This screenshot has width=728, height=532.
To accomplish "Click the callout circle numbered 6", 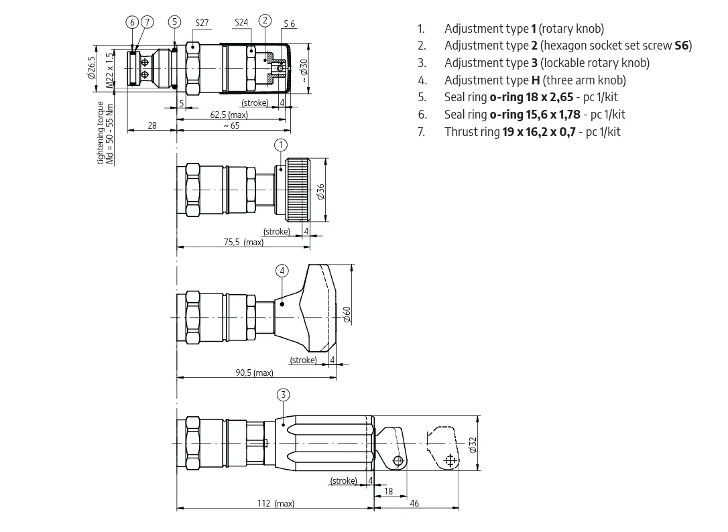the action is click(x=133, y=22).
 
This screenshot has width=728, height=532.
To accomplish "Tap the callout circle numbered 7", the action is click(x=147, y=22).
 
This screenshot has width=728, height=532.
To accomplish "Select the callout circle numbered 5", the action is click(x=175, y=21).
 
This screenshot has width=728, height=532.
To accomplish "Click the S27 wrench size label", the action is click(x=202, y=23).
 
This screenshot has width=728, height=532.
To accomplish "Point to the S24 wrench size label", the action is click(x=241, y=22).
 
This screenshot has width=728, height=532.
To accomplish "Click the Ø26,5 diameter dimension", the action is click(x=91, y=68).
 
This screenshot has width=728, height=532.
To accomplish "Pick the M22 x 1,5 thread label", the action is click(x=109, y=70).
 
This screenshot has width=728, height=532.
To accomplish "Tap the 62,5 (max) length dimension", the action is click(x=229, y=114).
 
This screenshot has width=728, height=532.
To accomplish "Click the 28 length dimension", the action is click(x=152, y=125).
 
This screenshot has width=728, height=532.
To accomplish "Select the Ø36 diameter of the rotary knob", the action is click(x=320, y=192).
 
